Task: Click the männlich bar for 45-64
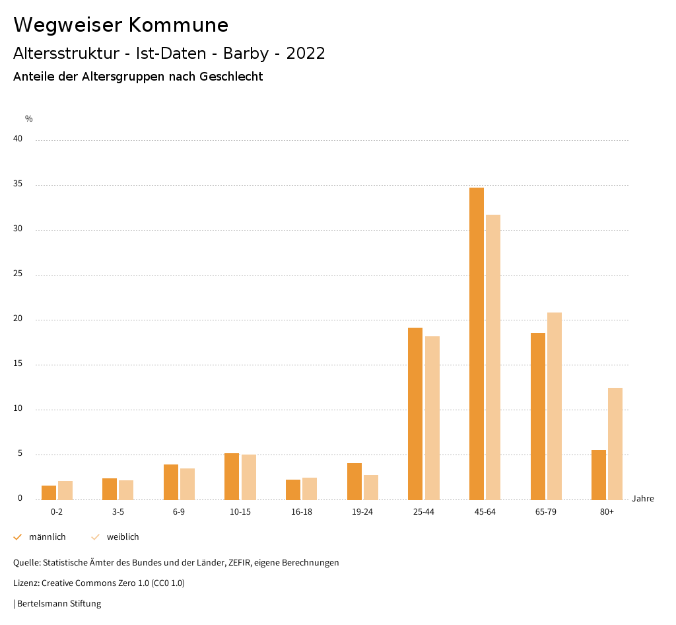[x=477, y=344]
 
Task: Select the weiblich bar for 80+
[x=615, y=443]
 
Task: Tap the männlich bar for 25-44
[x=415, y=414]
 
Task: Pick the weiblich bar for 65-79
[x=555, y=406]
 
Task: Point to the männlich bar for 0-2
[x=49, y=493]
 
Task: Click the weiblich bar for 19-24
[x=371, y=488]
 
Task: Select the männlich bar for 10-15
[x=232, y=476]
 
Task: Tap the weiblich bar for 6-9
[x=187, y=484]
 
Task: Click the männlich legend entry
[x=47, y=537]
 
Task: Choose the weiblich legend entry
[x=123, y=537]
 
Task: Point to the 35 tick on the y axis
[x=18, y=184]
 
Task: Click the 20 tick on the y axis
[x=18, y=319]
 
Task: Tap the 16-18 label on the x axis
[x=302, y=512]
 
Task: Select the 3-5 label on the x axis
[x=118, y=512]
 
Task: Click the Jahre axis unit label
[x=642, y=499]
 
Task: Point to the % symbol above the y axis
[x=29, y=119]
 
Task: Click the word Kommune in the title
[x=178, y=25]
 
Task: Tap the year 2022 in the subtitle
[x=306, y=54]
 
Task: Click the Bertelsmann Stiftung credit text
[x=59, y=604]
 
